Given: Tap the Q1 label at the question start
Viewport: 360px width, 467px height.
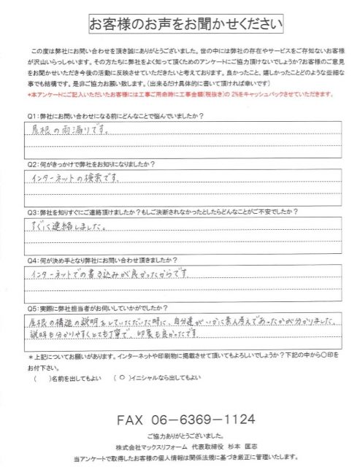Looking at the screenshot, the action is [x=31, y=116].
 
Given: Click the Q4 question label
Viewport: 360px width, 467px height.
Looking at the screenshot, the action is [x=31, y=261].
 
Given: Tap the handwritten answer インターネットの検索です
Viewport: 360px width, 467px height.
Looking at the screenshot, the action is [x=80, y=179].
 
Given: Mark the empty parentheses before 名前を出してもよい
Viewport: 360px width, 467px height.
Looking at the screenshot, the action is [x=42, y=379].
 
